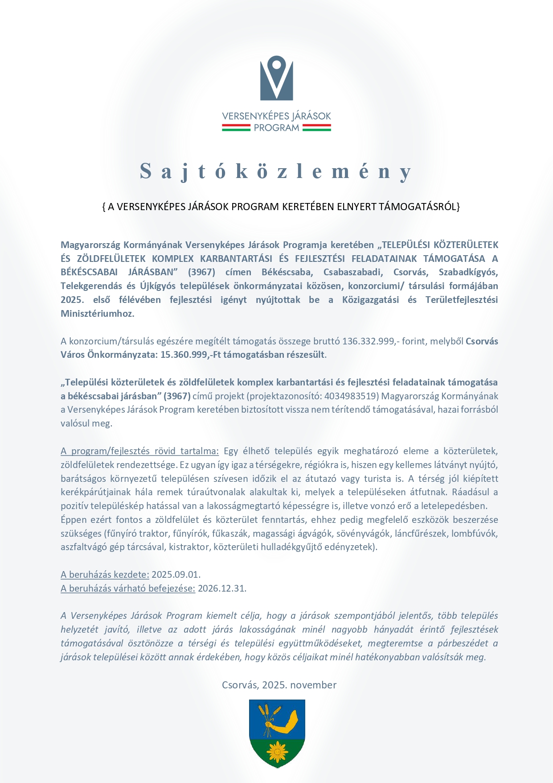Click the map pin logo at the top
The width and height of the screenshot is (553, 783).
point(276,78)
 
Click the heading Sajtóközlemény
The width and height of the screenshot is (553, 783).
point(276,172)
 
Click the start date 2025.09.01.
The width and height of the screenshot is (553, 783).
point(176,575)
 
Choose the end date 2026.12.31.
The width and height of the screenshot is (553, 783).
point(222,588)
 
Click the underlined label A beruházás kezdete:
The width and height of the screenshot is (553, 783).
point(105,575)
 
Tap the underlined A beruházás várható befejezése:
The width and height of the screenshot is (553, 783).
point(128,588)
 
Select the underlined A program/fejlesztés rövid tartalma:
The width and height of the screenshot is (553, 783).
point(139,451)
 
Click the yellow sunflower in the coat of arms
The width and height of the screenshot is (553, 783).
point(277,752)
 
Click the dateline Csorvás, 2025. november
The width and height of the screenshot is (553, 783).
point(279,685)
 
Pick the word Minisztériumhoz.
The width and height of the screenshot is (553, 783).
point(97,314)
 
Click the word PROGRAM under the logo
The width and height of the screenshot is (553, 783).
point(276,128)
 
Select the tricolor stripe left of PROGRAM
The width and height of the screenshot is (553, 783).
point(236,128)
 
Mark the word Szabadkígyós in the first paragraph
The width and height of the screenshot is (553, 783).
point(468,272)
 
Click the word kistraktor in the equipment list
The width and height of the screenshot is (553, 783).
point(189,547)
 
